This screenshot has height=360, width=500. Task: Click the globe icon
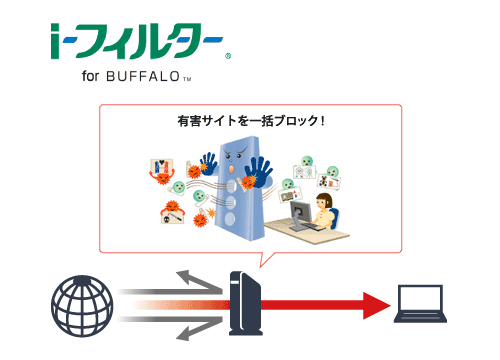point(82,306)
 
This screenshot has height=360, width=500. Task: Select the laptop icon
point(420,304)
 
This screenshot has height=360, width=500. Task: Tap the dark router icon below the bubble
point(246,303)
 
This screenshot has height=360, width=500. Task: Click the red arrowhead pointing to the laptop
point(377,305)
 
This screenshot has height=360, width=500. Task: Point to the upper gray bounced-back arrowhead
point(188,277)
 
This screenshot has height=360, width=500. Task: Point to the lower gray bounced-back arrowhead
point(188,332)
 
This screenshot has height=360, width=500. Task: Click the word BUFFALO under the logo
point(143,77)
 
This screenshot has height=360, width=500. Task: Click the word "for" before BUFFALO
point(90,76)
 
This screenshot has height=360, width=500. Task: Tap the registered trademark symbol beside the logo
point(228,56)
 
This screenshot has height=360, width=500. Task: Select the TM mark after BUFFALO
point(187,79)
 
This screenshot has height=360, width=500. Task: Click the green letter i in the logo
point(55,41)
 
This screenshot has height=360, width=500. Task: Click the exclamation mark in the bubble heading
point(322,121)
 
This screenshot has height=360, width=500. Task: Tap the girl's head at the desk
point(324,201)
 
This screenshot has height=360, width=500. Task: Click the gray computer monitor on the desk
point(300,213)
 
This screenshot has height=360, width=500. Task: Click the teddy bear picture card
point(329,181)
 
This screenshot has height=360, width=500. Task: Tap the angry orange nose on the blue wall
point(231,169)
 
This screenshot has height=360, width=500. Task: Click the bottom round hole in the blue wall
point(230,219)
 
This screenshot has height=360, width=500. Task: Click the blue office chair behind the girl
point(335,218)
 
